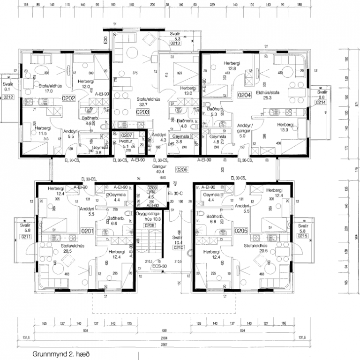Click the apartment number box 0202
[x=68, y=98]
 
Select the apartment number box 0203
[x=142, y=112]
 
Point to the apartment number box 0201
[x=88, y=231]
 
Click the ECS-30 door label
[x=159, y=267]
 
